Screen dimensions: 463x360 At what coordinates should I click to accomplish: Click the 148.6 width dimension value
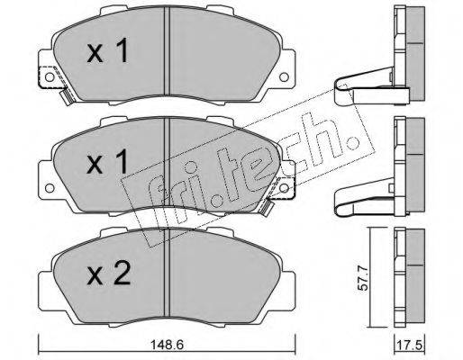click(168, 345)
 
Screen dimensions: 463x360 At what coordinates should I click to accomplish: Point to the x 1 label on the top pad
click(108, 50)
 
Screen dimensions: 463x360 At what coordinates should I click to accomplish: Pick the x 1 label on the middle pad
click(107, 162)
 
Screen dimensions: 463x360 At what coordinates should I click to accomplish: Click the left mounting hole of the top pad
click(50, 77)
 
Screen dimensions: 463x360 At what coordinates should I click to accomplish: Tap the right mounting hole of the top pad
click(284, 77)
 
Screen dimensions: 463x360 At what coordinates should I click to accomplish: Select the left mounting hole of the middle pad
click(50, 188)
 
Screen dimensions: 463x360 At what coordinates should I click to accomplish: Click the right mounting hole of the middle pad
click(284, 188)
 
